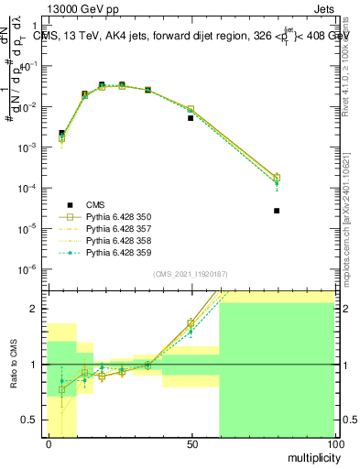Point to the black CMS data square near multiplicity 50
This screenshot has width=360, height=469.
[x=191, y=118]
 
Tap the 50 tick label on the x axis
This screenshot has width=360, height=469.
[x=191, y=443]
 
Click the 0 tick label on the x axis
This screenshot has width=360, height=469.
[x=49, y=443]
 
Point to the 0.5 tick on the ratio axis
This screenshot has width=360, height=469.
[x=29, y=420]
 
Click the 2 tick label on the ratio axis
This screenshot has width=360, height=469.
[x=34, y=309]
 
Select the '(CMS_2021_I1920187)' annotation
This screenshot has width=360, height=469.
[x=190, y=274]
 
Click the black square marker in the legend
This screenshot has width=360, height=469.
[x=69, y=204]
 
